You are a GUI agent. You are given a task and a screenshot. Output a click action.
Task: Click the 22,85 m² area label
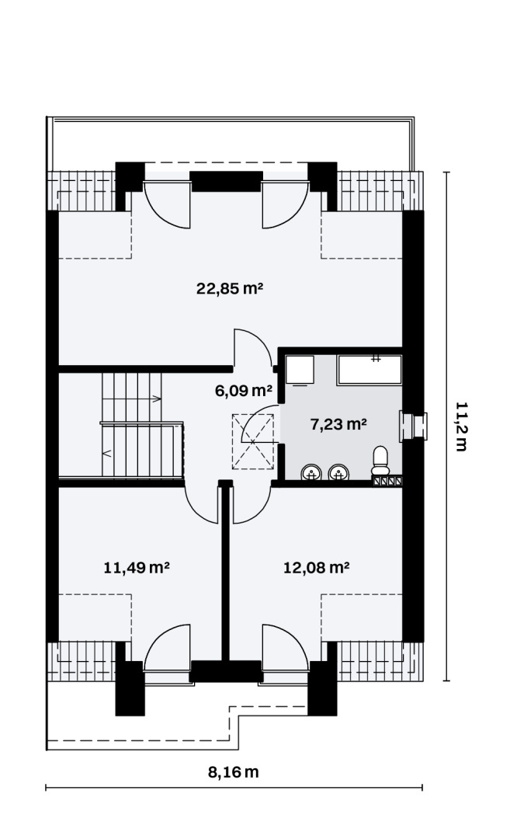[x=230, y=289]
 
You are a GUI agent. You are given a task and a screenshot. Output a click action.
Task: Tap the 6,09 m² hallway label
[x=244, y=391]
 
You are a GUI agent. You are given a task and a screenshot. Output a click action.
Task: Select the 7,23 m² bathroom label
[x=338, y=424]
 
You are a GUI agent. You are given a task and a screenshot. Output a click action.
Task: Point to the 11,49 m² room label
[x=137, y=567]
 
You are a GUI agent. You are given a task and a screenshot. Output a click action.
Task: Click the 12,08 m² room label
[x=317, y=567]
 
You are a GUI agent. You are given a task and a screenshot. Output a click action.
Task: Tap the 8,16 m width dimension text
[x=233, y=772]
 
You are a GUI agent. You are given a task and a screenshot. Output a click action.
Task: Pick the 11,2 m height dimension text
[x=461, y=426]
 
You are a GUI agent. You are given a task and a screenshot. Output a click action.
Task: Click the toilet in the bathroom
[x=380, y=460]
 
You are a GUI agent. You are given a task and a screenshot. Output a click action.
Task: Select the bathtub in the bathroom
[x=369, y=370]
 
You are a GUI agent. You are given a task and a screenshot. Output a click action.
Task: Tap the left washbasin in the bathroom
[x=311, y=472]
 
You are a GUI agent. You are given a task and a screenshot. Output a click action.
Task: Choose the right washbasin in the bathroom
[x=338, y=472]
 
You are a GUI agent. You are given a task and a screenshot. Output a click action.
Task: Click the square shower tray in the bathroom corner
[x=300, y=370]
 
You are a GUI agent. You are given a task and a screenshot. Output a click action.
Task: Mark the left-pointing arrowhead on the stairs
[x=106, y=454]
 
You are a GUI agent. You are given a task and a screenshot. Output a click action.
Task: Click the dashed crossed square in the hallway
[x=253, y=442]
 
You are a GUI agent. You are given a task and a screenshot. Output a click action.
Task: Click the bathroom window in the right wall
[x=413, y=426]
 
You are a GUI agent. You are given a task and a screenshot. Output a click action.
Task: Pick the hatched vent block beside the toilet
[x=387, y=481]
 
